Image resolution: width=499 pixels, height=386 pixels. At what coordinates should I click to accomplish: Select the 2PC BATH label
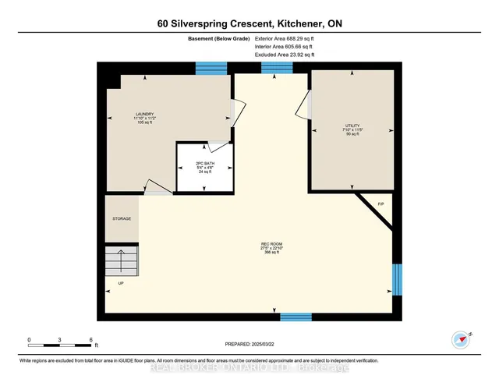(x=204, y=162)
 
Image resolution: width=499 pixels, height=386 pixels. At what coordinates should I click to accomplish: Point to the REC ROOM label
(x=271, y=244)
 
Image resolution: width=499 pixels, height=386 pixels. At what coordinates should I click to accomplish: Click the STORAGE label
(x=122, y=218)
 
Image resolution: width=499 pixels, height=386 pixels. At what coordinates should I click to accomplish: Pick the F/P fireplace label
(x=380, y=204)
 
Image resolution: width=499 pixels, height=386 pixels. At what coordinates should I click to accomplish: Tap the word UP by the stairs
(x=120, y=283)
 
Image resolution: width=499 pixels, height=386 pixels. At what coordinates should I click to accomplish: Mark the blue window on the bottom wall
(x=296, y=317)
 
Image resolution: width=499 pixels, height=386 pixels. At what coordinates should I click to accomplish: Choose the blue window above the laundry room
(x=210, y=69)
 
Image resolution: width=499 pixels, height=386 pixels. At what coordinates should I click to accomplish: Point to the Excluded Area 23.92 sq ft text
(x=285, y=55)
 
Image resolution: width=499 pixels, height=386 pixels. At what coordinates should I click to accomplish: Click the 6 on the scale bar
(x=91, y=340)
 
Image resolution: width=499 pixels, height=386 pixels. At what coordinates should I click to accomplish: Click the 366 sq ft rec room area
(x=271, y=253)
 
